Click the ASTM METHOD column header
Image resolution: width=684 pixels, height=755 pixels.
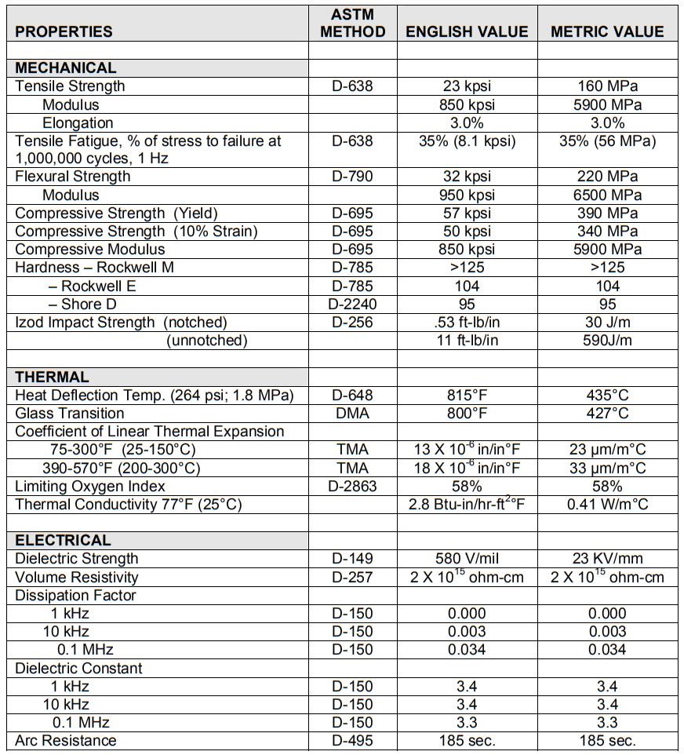pos(353,24)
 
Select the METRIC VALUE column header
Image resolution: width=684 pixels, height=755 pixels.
pos(607,32)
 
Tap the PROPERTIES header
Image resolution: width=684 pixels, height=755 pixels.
pos(64,32)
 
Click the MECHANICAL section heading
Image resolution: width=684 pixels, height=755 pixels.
pos(66,68)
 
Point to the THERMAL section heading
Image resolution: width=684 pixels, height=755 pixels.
pos(52,377)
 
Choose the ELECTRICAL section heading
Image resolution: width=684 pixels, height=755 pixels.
pos(63,541)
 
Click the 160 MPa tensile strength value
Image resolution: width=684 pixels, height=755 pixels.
pos(607,86)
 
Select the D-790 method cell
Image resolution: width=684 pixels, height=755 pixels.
pos(352,177)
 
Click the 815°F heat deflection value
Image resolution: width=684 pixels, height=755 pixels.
pos(467,396)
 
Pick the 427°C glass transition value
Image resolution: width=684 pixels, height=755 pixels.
pos(607,414)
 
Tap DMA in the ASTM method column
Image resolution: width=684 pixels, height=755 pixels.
pos(352,414)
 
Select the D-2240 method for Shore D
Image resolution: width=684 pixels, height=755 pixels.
pos(352,304)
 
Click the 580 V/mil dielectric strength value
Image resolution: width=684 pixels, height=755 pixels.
pos(467,559)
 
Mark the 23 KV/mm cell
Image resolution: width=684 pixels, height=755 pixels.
pos(607,559)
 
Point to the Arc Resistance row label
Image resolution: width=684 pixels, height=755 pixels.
pos(65,741)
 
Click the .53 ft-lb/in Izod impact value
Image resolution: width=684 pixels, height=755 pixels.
pos(467,322)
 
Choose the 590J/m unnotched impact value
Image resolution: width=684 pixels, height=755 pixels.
pos(607,340)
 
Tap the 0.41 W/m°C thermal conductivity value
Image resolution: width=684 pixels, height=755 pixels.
pos(607,505)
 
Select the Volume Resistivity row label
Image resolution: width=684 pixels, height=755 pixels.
pos(76,578)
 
